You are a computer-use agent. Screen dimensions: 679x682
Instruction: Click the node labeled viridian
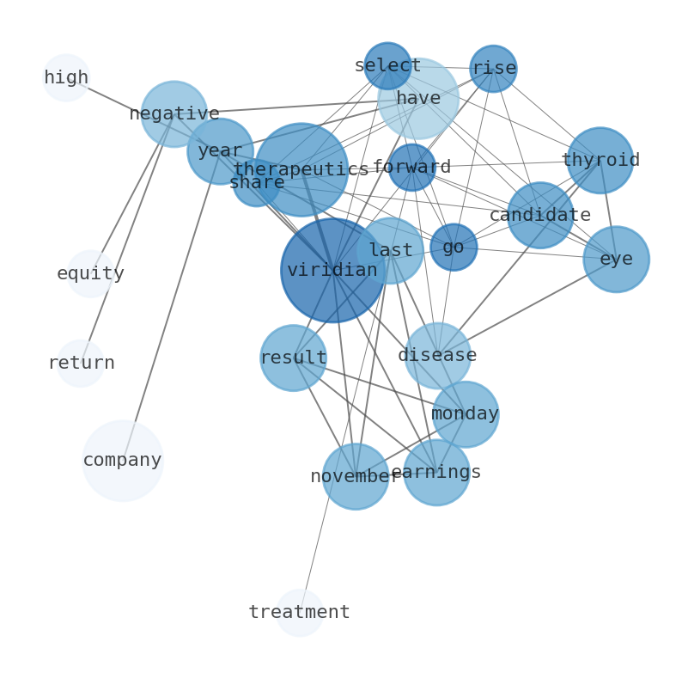point(332,271)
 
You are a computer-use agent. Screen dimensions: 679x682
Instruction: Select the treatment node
point(300,613)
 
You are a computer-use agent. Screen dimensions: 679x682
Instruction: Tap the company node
point(123,461)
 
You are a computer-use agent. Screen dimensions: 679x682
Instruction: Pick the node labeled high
point(66,78)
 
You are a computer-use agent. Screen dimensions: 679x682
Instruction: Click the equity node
point(90,274)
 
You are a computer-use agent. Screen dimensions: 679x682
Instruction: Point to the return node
point(81,364)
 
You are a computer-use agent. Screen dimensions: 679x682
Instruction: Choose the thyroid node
point(600,161)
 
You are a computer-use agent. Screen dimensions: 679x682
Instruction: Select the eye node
point(616,260)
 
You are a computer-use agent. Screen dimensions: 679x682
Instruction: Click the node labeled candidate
point(539,216)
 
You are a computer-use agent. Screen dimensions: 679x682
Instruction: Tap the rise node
point(493,69)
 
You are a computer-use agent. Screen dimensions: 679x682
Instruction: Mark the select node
point(387,66)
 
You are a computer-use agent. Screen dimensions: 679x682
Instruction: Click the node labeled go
point(454,248)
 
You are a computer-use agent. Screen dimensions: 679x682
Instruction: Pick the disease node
point(437,356)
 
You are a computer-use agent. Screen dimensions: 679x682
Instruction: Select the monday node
point(465,414)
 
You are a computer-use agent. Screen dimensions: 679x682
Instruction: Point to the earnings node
point(436,473)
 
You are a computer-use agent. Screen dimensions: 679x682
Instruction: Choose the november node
point(356,476)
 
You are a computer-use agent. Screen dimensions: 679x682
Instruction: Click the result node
point(293,358)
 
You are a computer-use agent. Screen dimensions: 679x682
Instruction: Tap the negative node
point(174,114)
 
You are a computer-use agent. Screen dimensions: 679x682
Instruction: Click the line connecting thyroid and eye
point(607,209)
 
